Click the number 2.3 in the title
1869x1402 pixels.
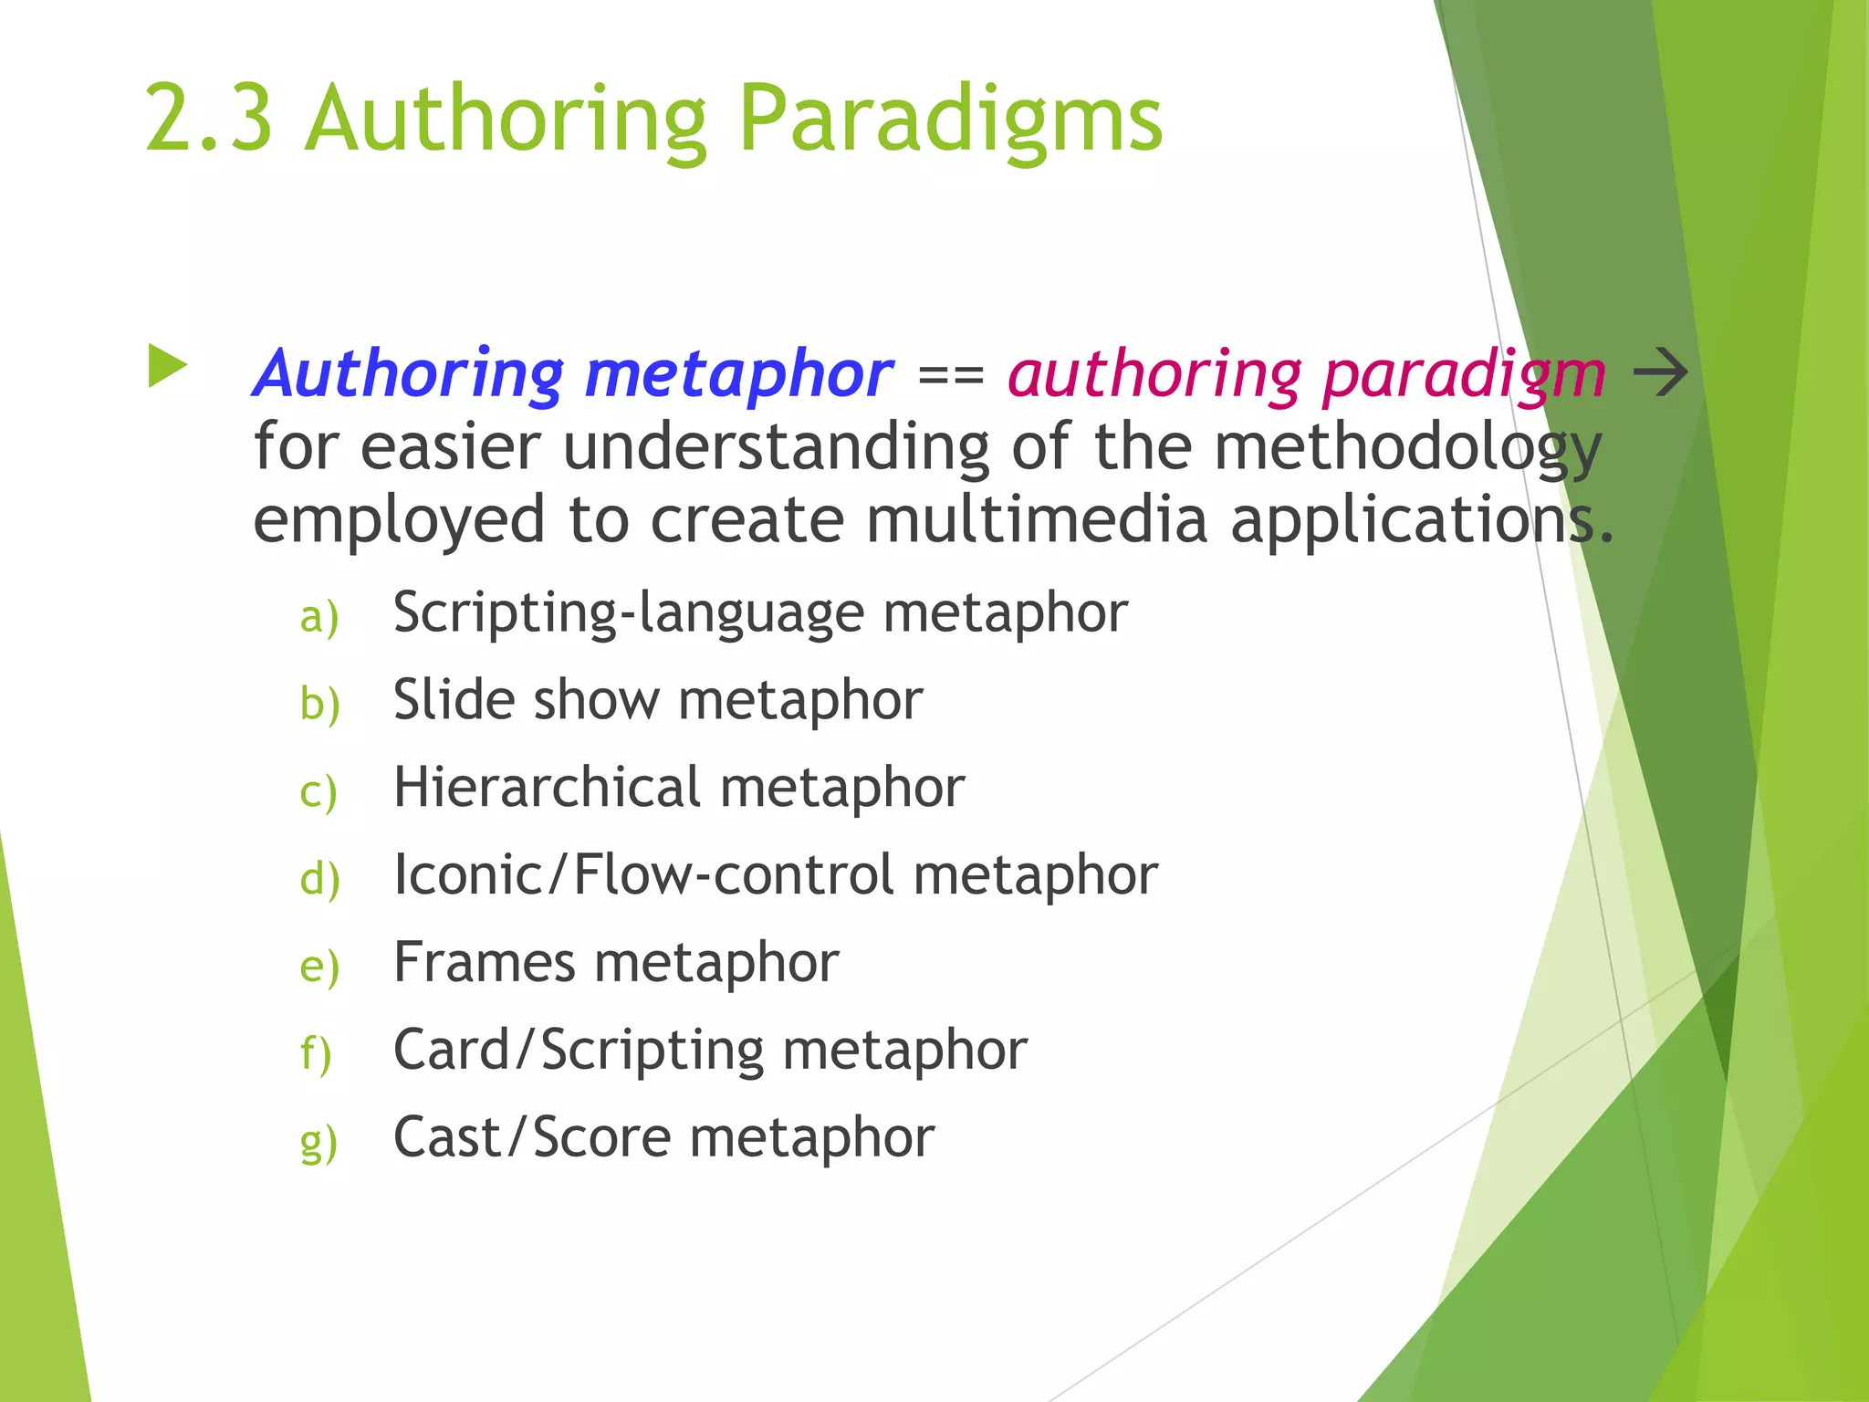click(209, 119)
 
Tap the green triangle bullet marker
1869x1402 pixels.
click(167, 366)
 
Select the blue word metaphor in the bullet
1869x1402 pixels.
click(738, 374)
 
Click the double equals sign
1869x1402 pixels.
click(950, 375)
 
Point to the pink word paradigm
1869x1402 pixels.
click(1464, 374)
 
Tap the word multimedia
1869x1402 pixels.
click(1036, 519)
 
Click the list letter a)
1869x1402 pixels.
click(319, 616)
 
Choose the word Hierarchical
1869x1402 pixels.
click(547, 787)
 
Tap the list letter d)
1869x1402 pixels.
click(319, 879)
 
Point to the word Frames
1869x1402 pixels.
click(484, 962)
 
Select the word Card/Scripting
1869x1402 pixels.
click(578, 1050)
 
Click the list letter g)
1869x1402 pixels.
click(318, 1142)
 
